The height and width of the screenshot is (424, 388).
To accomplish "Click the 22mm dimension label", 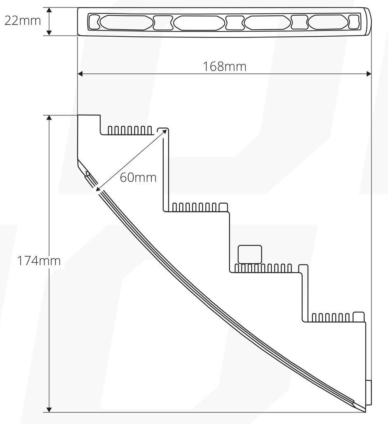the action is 22,21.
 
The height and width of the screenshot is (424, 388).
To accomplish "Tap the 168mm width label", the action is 224,66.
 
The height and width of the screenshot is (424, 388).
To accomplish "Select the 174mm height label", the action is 39,261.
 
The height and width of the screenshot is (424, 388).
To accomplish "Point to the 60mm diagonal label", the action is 138,178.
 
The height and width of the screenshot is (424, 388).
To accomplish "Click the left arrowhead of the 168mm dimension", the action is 80,74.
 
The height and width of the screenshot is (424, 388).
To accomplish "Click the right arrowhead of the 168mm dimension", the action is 369,74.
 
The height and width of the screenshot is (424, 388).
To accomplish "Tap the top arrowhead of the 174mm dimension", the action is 49,118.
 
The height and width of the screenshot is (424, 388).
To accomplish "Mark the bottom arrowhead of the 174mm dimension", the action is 49,410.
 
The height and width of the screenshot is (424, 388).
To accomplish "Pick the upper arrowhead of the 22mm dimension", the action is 49,10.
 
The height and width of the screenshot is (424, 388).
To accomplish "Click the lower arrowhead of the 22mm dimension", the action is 49,33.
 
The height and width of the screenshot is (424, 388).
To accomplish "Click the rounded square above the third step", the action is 249,254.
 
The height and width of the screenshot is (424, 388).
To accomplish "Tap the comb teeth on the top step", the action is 130,130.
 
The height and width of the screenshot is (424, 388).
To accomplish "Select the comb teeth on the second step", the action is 195,207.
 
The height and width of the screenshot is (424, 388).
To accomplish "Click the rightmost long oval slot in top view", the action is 328,23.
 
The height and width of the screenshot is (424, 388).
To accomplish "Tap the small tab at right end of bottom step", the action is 359,317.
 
